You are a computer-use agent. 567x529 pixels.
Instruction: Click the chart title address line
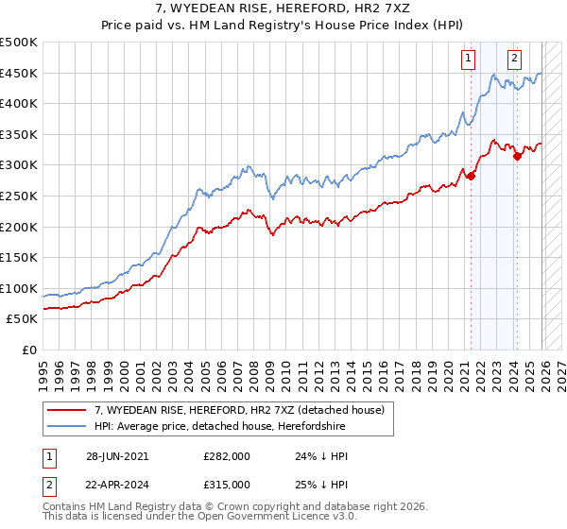coord(283,9)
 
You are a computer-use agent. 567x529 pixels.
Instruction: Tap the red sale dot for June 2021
coord(471,176)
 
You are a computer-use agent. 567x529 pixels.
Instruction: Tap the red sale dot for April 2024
coord(517,156)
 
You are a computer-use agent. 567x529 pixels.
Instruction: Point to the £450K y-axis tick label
coord(19,73)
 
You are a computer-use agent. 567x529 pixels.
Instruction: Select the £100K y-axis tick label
coord(19,288)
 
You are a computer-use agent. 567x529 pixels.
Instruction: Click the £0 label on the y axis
coord(29,350)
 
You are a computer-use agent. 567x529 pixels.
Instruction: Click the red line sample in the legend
coord(67,410)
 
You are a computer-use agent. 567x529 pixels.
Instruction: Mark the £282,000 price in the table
coord(226,455)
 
